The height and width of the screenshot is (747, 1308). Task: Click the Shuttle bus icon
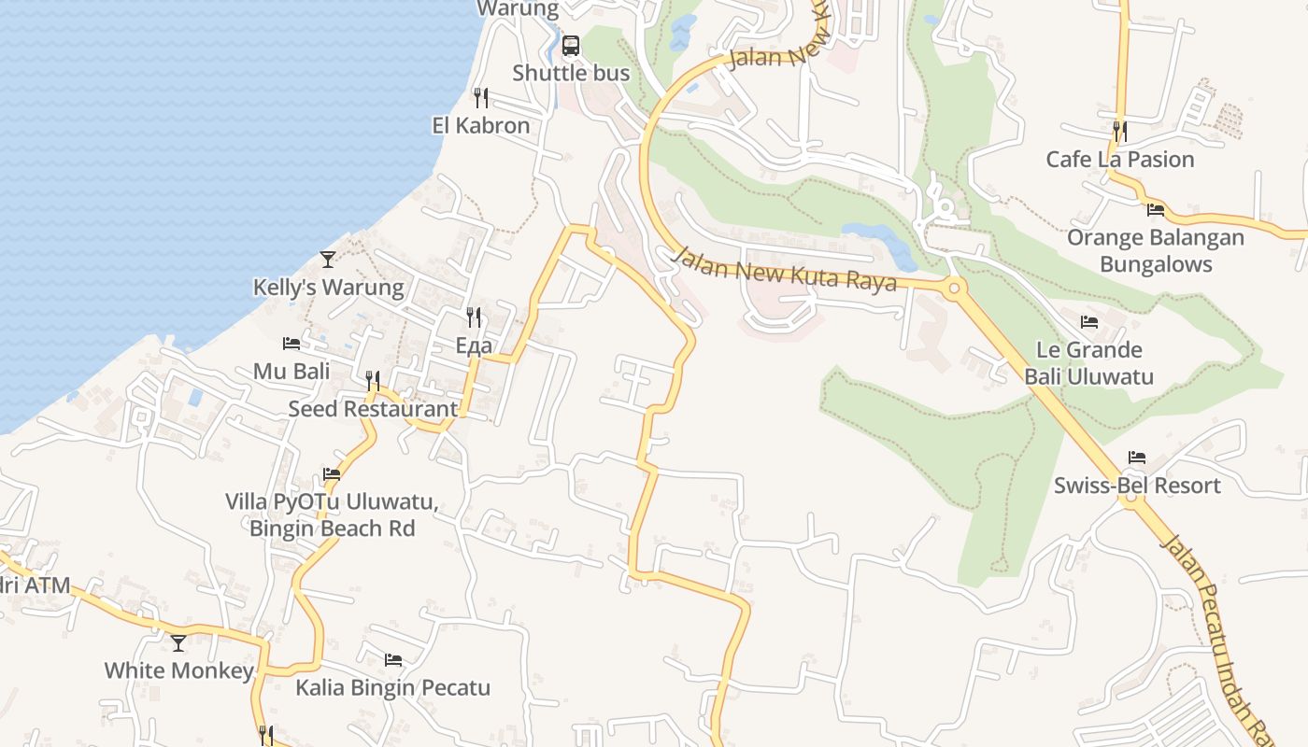pyautogui.click(x=571, y=45)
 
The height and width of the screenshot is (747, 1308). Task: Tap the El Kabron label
pyautogui.click(x=480, y=125)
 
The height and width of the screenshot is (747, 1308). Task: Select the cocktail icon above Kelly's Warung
pyautogui.click(x=327, y=259)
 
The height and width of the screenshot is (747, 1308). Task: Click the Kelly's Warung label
pyautogui.click(x=329, y=287)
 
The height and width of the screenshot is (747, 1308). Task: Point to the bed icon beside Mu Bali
pyautogui.click(x=291, y=344)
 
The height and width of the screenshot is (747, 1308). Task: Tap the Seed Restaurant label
pyautogui.click(x=373, y=408)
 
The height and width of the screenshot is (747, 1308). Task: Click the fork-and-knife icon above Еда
pyautogui.click(x=474, y=317)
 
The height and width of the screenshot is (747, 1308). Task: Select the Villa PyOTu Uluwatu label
pyautogui.click(x=332, y=501)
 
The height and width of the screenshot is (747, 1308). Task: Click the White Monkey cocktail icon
pyautogui.click(x=178, y=642)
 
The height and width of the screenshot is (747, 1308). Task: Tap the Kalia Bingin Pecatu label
pyautogui.click(x=392, y=688)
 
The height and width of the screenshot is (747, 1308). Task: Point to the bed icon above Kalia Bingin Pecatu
pyautogui.click(x=393, y=660)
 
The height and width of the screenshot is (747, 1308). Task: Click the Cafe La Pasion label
pyautogui.click(x=1120, y=159)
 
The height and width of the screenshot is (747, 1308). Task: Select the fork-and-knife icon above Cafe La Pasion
pyautogui.click(x=1120, y=131)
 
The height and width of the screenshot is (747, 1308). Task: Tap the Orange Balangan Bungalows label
pyautogui.click(x=1156, y=250)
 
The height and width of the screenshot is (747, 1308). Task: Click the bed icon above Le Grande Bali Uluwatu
pyautogui.click(x=1089, y=322)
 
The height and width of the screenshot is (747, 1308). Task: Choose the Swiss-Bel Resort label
pyautogui.click(x=1137, y=486)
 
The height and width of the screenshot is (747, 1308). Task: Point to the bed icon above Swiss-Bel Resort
pyautogui.click(x=1137, y=458)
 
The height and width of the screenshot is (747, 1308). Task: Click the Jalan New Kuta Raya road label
pyautogui.click(x=785, y=269)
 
